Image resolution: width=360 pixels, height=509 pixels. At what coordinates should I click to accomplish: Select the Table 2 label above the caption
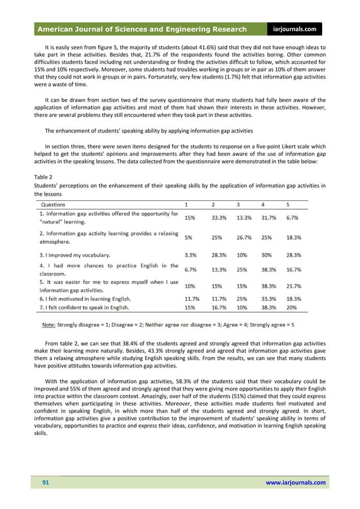(43, 177)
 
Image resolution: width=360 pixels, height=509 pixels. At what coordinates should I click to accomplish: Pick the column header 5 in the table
(289, 204)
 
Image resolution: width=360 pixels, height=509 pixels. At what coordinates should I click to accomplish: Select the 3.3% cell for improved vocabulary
(191, 254)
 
